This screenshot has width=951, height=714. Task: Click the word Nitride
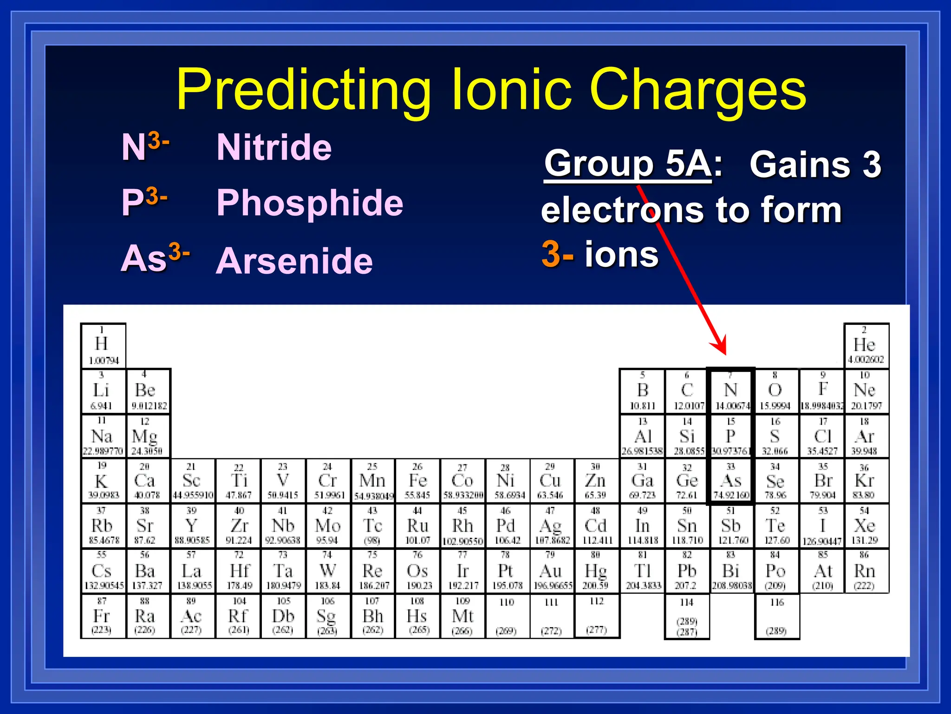(274, 147)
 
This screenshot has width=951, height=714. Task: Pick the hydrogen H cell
(103, 345)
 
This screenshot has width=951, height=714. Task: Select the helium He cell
(866, 345)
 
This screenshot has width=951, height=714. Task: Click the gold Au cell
(551, 571)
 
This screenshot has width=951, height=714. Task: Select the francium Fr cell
(102, 616)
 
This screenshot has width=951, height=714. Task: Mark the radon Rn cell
(865, 571)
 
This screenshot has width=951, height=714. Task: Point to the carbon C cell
(687, 390)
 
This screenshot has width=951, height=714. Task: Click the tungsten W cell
(328, 571)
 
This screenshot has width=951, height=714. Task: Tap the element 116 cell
(776, 616)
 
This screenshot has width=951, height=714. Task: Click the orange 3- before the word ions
(557, 254)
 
